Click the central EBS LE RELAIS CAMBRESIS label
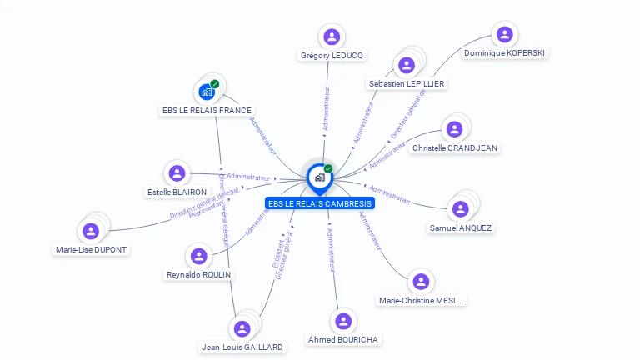[x=319, y=203]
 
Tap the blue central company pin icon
[x=319, y=177]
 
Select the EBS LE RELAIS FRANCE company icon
[x=207, y=92]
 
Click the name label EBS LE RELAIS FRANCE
[x=206, y=110]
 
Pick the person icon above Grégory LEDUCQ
[x=332, y=37]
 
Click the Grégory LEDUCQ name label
[x=332, y=56]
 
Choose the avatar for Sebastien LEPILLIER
[x=407, y=66]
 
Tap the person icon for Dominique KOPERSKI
[x=504, y=34]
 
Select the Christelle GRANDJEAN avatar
[x=454, y=129]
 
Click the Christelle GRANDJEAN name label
[x=455, y=147]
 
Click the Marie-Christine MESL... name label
[x=422, y=300]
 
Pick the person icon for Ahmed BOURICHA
[x=343, y=322]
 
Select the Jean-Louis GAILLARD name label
[x=242, y=347]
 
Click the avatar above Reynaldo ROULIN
[x=199, y=256]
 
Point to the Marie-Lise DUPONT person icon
[x=91, y=231]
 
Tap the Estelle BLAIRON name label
[x=177, y=192]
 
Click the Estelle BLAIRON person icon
[x=177, y=173]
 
